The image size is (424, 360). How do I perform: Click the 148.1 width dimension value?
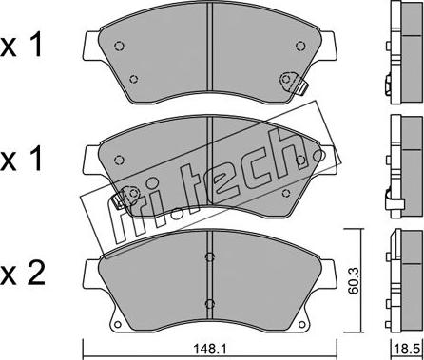209,350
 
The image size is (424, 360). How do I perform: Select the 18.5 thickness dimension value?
409,351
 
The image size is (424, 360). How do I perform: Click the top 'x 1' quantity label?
22,47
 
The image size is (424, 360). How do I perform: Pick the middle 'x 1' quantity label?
22,159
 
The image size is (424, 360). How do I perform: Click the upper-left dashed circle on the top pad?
119,47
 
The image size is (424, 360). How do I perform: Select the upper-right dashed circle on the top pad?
300,47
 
